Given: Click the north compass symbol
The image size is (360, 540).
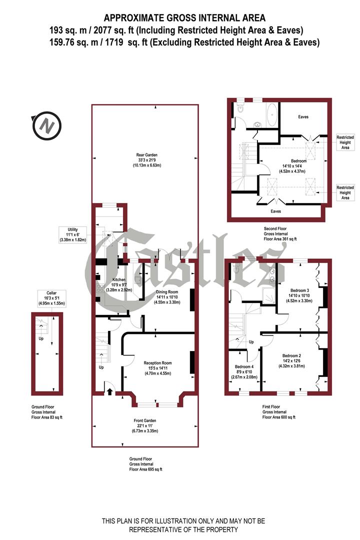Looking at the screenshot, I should click(46, 125).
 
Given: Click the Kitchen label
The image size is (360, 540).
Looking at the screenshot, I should click(119, 279).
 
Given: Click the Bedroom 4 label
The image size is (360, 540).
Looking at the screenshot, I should click(244, 366).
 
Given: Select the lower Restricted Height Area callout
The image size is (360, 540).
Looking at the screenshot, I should click(345, 192).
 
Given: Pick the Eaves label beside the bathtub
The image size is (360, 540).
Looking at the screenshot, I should click(303, 117).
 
